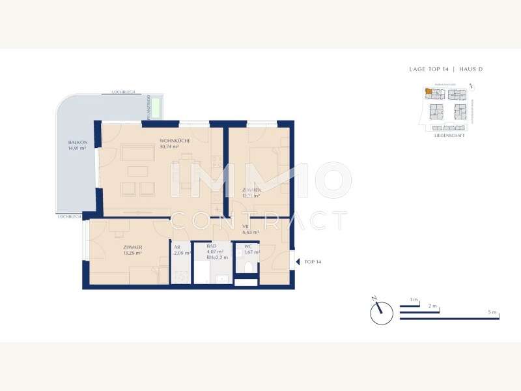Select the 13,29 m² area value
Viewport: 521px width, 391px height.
[x=132, y=253]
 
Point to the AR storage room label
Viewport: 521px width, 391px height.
[x=177, y=247]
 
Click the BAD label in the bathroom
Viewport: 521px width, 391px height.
[x=211, y=246]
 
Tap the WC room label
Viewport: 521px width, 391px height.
[x=248, y=246]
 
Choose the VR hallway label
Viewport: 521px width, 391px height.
[x=246, y=226]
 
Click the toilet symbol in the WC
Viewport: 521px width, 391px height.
[x=248, y=267]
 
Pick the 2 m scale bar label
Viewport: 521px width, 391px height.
[x=433, y=306]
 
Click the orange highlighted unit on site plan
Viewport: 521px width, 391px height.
[x=428, y=93]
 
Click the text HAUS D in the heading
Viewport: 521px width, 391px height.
[x=469, y=69]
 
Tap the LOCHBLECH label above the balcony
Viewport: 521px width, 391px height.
[x=122, y=93]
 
